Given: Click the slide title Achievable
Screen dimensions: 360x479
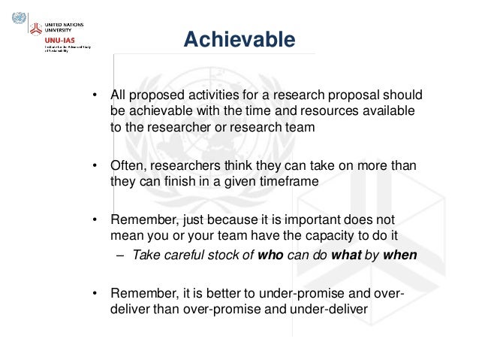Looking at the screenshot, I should pos(239,38).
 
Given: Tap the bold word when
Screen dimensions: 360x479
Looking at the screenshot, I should pos(399,254).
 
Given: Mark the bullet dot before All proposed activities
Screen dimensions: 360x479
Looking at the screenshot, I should pos(95,96).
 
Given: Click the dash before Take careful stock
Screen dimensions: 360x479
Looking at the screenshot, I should pos(121,255).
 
